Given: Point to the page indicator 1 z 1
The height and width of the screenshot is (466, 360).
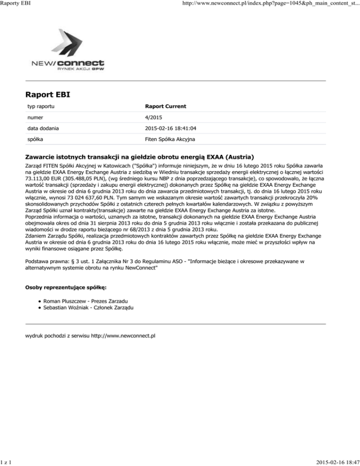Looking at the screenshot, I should pyautogui.click(x=7, y=462).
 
